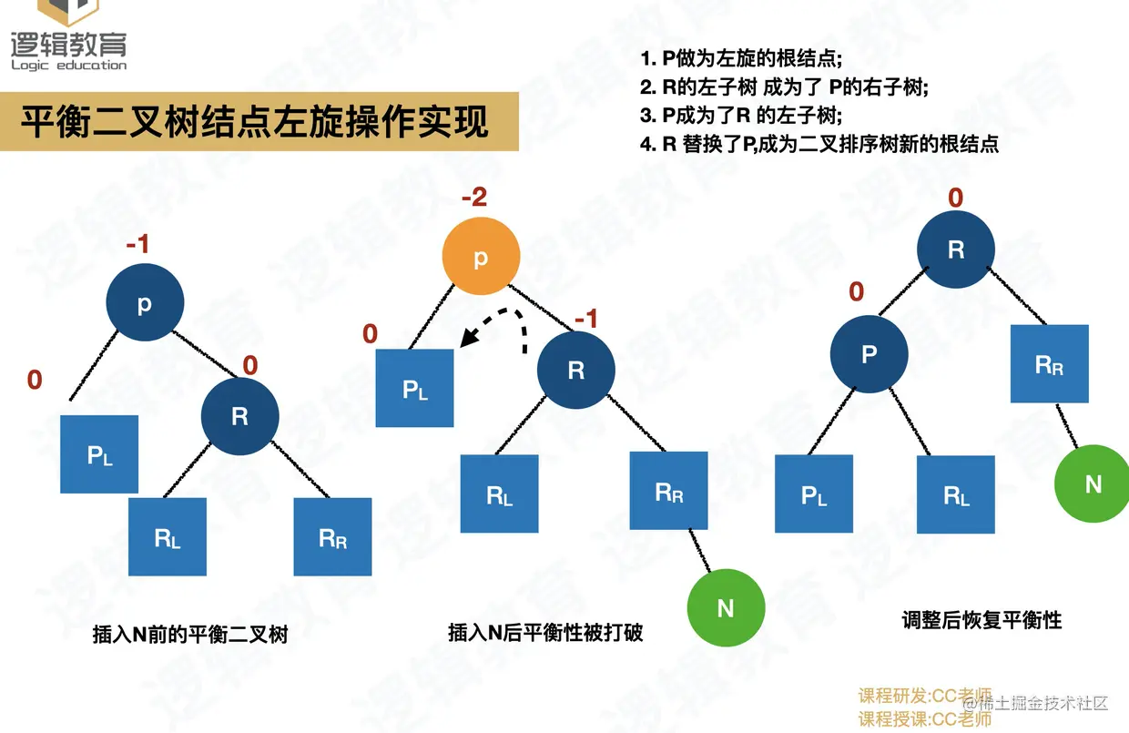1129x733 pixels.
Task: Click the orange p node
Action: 481,256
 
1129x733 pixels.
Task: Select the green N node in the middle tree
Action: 726,608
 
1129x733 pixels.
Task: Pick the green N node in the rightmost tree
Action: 1092,484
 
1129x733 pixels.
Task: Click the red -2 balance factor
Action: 474,197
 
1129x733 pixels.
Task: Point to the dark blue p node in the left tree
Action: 145,302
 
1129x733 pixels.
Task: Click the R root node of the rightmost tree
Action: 956,249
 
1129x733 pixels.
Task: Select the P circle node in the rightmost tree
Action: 869,354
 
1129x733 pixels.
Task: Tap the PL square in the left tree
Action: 99,454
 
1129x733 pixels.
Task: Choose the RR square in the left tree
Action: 332,537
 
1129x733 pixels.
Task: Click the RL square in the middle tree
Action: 500,494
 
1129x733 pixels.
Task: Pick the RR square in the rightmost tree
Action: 1050,364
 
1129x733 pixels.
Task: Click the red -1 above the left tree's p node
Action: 137,244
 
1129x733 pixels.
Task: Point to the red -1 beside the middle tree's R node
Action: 586,319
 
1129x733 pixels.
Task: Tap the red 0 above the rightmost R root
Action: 956,198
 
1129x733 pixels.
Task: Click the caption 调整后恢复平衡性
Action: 982,620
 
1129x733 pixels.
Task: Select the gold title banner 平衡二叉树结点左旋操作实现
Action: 259,121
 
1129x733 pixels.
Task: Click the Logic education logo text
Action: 69,66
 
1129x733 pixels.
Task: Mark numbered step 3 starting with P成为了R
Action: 741,116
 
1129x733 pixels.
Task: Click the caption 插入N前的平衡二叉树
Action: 190,634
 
